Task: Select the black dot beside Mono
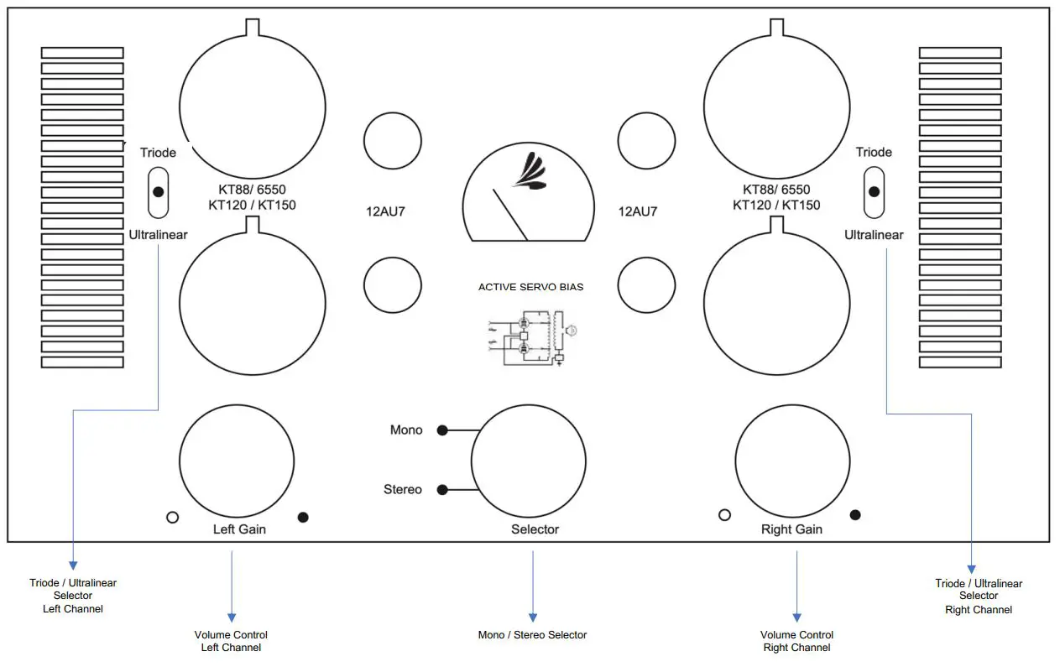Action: [x=442, y=430]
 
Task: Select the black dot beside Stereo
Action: [x=442, y=490]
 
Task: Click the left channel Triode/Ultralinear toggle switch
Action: [x=159, y=192]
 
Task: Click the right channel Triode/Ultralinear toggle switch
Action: [x=874, y=192]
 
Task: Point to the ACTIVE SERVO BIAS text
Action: [x=530, y=287]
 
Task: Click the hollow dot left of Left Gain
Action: [x=173, y=518]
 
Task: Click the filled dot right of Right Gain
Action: [x=855, y=514]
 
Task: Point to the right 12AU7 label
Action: [x=638, y=211]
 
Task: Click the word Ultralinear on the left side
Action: [x=159, y=235]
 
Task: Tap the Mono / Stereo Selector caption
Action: [x=532, y=635]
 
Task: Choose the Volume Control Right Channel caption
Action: [x=796, y=641]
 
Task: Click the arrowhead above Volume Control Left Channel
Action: [x=232, y=617]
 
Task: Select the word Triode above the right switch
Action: [x=874, y=152]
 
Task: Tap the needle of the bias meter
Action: [x=509, y=215]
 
